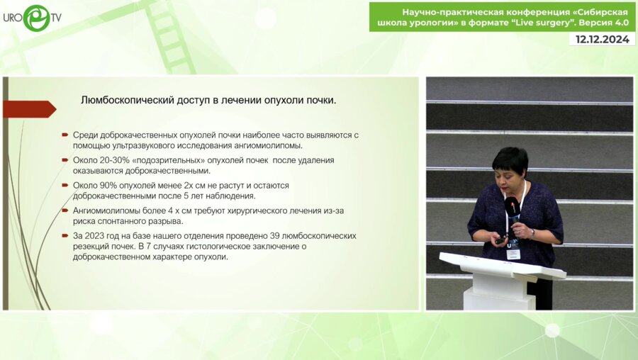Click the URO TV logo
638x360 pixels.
pos(32,18)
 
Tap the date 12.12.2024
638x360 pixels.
pos(602,40)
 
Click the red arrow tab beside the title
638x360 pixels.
pos(29,109)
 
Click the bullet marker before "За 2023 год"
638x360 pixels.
pos(65,235)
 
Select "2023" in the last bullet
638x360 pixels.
pos(96,235)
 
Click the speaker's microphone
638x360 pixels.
pos(510,207)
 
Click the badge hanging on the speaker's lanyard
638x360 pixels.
pos(513,252)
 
